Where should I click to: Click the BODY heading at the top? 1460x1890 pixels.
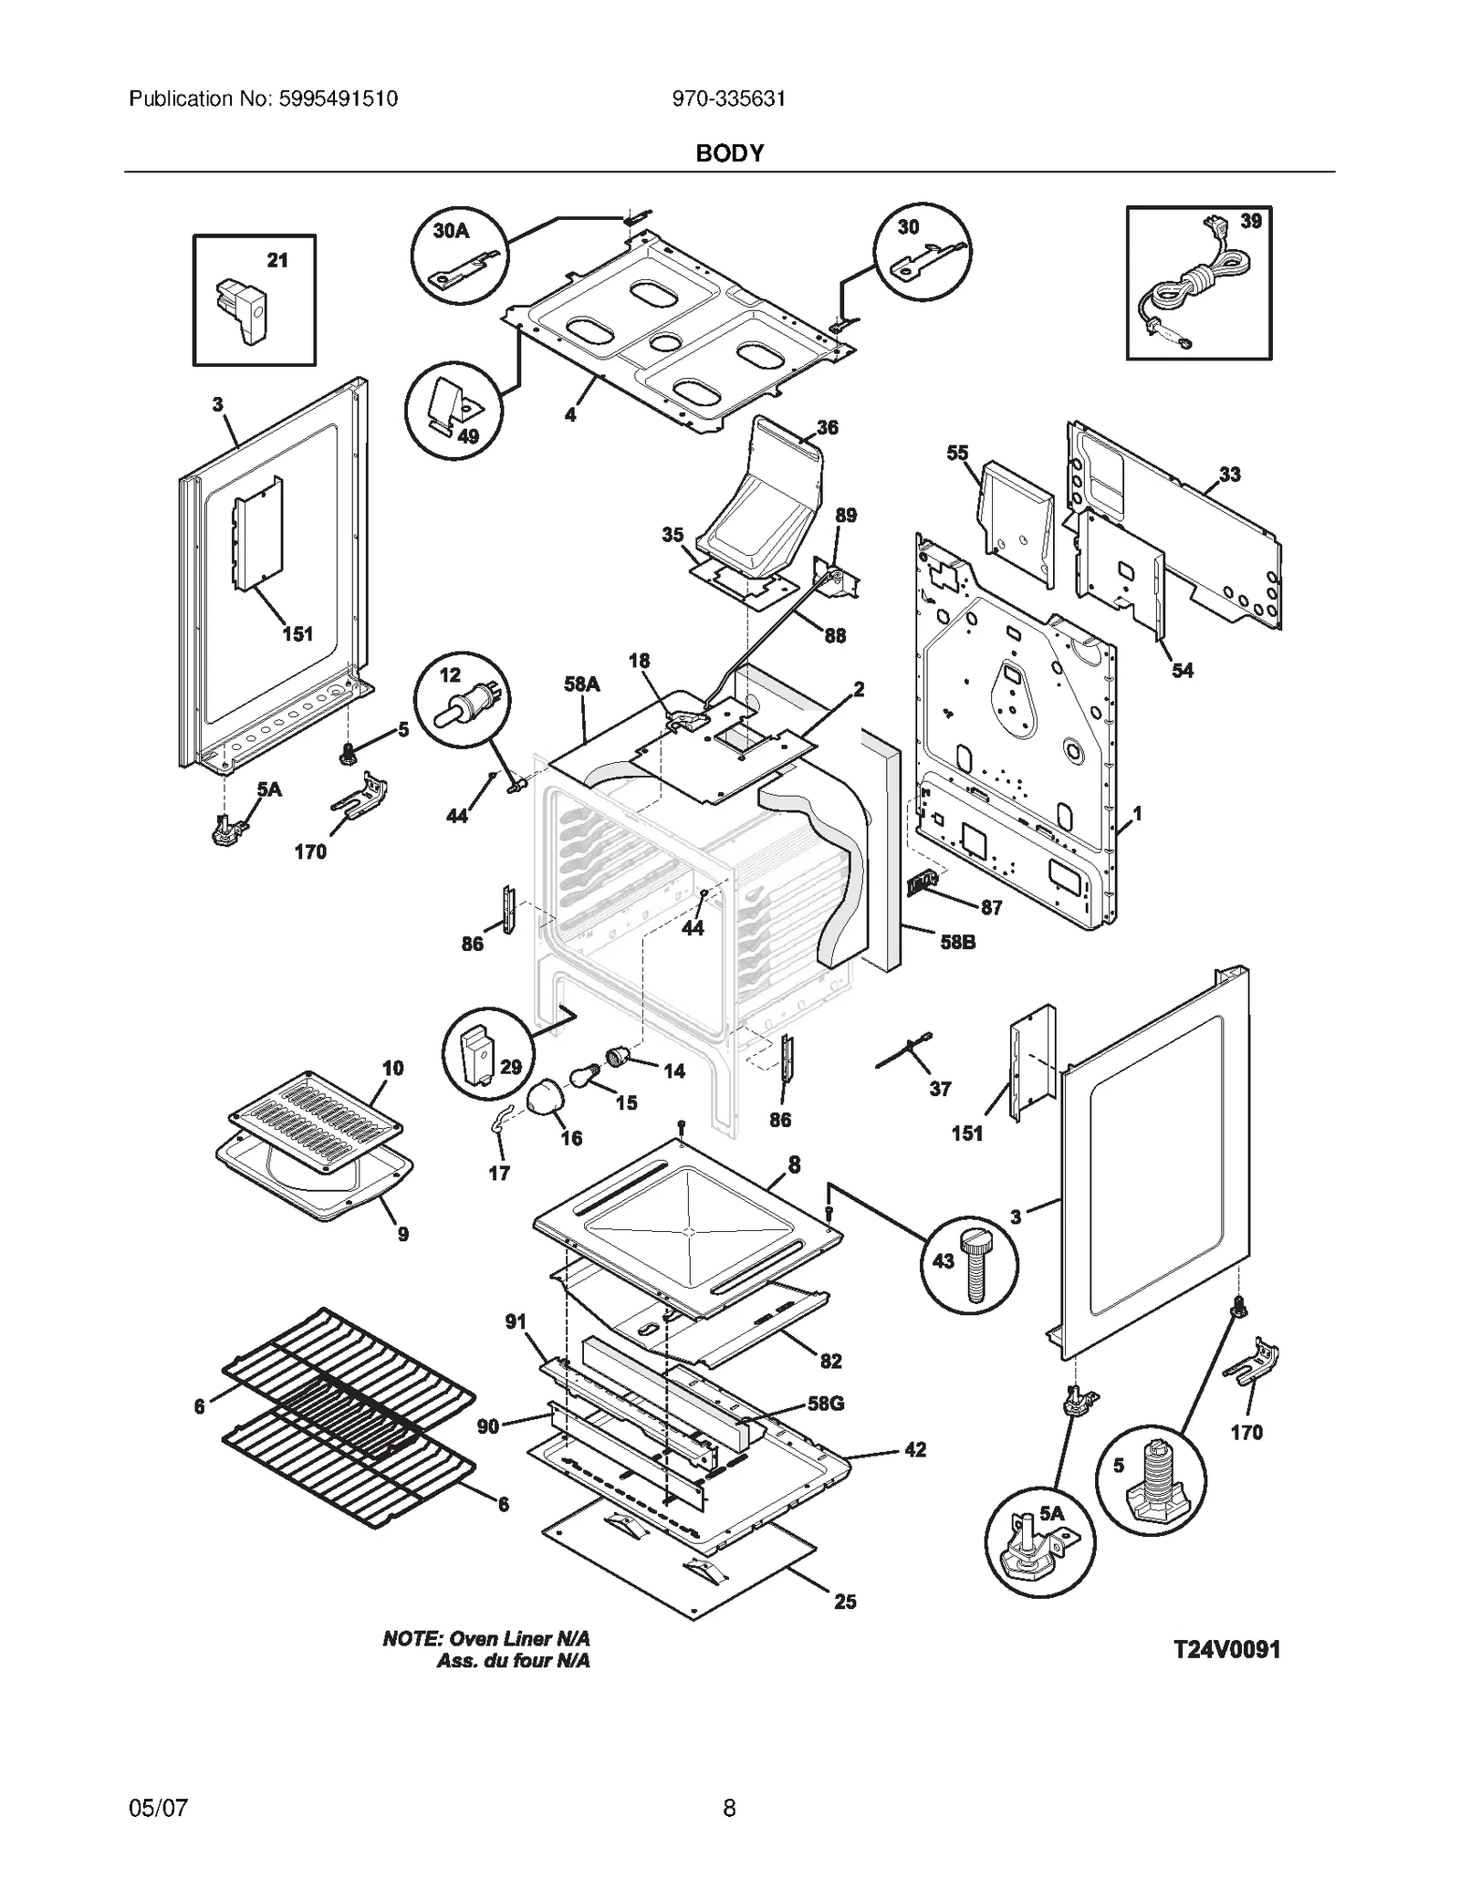coord(729,153)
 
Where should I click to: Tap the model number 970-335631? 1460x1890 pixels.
coord(728,99)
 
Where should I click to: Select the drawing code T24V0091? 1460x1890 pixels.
coord(1225,1649)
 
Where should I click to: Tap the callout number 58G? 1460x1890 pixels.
coord(825,1403)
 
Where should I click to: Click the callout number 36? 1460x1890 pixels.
coord(827,427)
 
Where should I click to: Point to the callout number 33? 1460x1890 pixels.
coord(1229,474)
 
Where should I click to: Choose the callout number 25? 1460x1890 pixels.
coord(845,1602)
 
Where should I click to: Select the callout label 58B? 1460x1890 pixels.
coord(957,942)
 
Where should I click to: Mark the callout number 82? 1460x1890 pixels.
coord(830,1361)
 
